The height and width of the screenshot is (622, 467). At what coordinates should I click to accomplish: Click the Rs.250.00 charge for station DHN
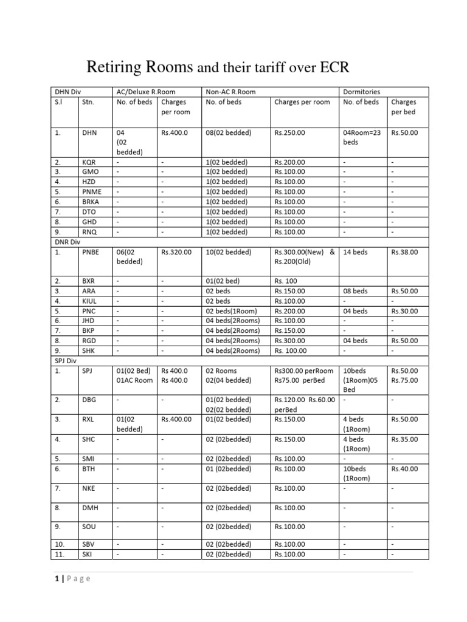[290, 132]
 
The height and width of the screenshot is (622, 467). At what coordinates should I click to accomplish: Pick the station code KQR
[89, 163]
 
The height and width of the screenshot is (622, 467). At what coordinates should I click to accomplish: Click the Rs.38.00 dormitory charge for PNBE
[404, 251]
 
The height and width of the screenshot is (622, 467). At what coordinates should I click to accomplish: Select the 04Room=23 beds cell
[362, 137]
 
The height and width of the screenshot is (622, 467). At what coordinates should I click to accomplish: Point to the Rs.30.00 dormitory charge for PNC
[404, 311]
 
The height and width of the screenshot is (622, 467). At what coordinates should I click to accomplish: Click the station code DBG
[89, 400]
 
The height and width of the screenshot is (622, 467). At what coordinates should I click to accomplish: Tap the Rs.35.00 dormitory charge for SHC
[404, 439]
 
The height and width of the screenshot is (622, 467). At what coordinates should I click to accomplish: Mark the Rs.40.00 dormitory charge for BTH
[404, 469]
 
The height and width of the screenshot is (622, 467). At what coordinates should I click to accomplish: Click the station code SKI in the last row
[88, 554]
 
